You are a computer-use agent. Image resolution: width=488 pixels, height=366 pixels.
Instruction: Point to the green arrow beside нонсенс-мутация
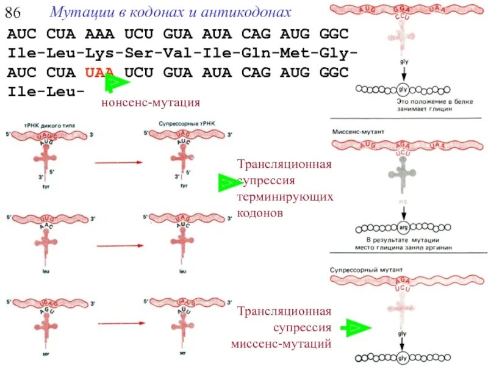pos(117,84)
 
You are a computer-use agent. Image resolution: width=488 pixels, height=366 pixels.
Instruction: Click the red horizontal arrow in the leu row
pos(119,246)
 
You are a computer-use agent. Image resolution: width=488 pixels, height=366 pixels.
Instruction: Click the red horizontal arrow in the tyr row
pos(119,162)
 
